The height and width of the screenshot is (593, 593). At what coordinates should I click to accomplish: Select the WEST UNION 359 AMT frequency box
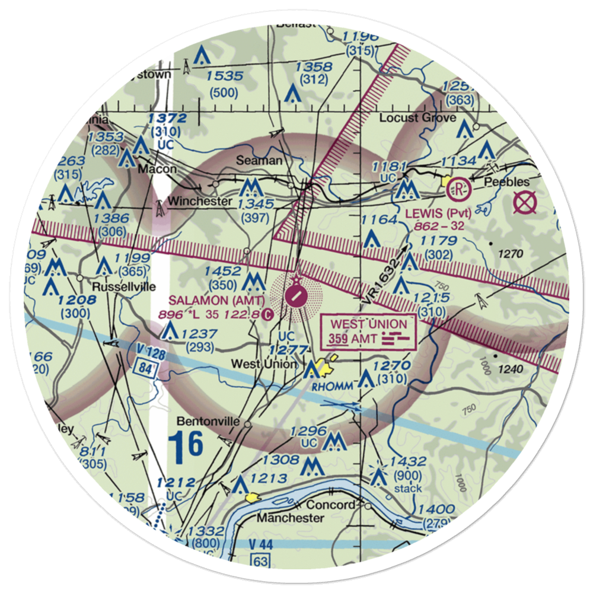point(368,332)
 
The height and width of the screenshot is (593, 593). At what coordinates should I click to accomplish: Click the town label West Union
point(264,364)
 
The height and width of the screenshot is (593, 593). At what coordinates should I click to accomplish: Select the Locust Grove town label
point(417,117)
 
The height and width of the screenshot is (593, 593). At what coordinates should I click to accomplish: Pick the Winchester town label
point(199,202)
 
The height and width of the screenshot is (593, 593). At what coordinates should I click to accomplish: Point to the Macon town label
point(157,169)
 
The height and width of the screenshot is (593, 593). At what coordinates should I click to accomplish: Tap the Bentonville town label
point(209,422)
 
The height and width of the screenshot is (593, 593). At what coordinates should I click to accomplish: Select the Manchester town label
point(290,518)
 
